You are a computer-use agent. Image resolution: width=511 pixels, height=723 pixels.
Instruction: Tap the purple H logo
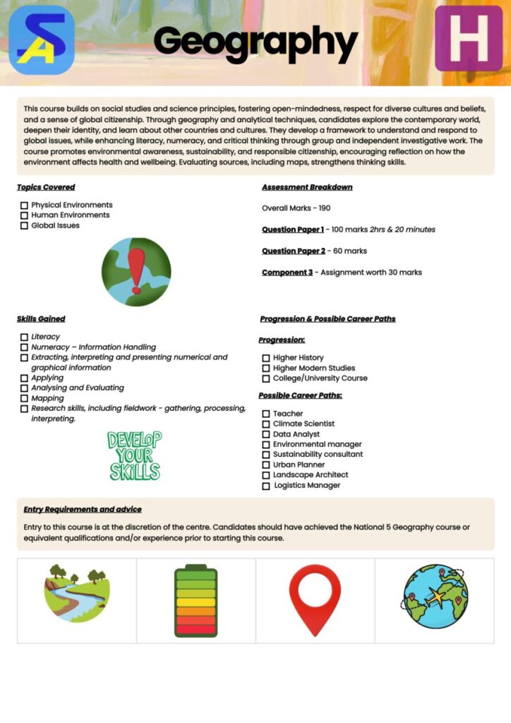(x=468, y=39)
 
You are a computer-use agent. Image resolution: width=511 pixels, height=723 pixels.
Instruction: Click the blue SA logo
(x=42, y=40)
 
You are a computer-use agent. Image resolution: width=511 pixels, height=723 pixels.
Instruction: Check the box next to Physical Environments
(x=24, y=205)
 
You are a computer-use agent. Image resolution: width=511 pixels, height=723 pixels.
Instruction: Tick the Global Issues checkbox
(x=24, y=226)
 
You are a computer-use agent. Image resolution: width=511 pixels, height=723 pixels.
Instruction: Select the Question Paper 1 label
(x=293, y=229)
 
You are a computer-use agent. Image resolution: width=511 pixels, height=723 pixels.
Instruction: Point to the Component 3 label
(x=287, y=273)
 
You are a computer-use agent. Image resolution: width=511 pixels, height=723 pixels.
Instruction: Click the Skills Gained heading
(x=41, y=319)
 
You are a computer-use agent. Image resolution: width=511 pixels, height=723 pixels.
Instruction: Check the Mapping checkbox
(x=24, y=398)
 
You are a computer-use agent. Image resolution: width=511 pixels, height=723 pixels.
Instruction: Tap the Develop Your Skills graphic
(x=134, y=456)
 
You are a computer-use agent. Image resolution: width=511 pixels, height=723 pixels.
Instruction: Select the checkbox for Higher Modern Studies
(x=266, y=369)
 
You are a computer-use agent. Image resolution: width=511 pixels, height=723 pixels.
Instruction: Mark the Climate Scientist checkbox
(x=266, y=424)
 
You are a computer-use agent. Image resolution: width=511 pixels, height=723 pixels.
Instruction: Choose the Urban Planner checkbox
(x=266, y=465)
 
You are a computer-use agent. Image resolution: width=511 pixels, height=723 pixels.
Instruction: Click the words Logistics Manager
(x=307, y=486)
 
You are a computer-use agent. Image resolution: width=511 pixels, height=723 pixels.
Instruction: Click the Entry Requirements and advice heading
(x=83, y=509)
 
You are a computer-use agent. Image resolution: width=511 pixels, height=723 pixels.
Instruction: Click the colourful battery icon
(x=196, y=600)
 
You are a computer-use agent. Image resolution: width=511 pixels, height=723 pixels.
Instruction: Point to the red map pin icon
(x=315, y=599)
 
